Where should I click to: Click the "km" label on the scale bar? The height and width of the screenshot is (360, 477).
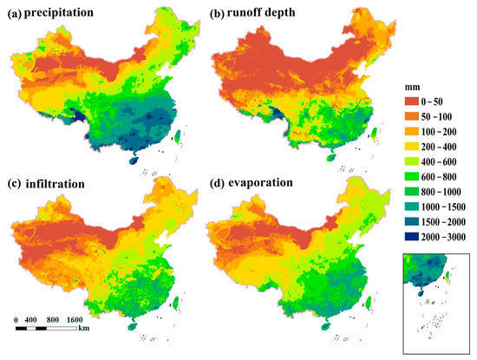(83, 329)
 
